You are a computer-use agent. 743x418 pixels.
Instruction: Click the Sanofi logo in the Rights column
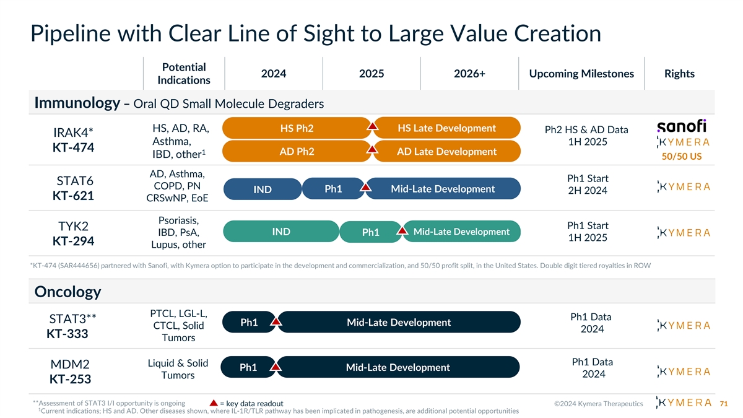pyautogui.click(x=681, y=126)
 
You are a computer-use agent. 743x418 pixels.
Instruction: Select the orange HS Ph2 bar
pyautogui.click(x=297, y=128)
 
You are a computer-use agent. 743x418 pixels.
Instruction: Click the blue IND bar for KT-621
pyautogui.click(x=263, y=189)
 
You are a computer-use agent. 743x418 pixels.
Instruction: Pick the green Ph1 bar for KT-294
pyautogui.click(x=370, y=232)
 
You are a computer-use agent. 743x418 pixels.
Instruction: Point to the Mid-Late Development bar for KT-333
pyautogui.click(x=399, y=322)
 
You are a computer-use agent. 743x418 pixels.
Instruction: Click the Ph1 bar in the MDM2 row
pyautogui.click(x=248, y=368)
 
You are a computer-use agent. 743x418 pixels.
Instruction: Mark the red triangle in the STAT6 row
pyautogui.click(x=365, y=187)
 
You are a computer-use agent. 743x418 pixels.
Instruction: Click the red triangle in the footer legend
pyautogui.click(x=212, y=404)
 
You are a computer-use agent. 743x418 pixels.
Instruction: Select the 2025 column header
pyautogui.click(x=371, y=74)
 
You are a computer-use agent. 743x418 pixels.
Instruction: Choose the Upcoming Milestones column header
pyautogui.click(x=581, y=74)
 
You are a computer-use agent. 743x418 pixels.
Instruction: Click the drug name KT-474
pyautogui.click(x=73, y=148)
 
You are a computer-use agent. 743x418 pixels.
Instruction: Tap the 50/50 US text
pyautogui.click(x=681, y=156)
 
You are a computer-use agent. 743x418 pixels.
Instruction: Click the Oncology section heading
pyautogui.click(x=67, y=291)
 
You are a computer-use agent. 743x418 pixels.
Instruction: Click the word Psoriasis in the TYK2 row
pyautogui.click(x=178, y=220)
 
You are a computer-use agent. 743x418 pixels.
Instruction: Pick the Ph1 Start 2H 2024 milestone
pyautogui.click(x=587, y=184)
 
